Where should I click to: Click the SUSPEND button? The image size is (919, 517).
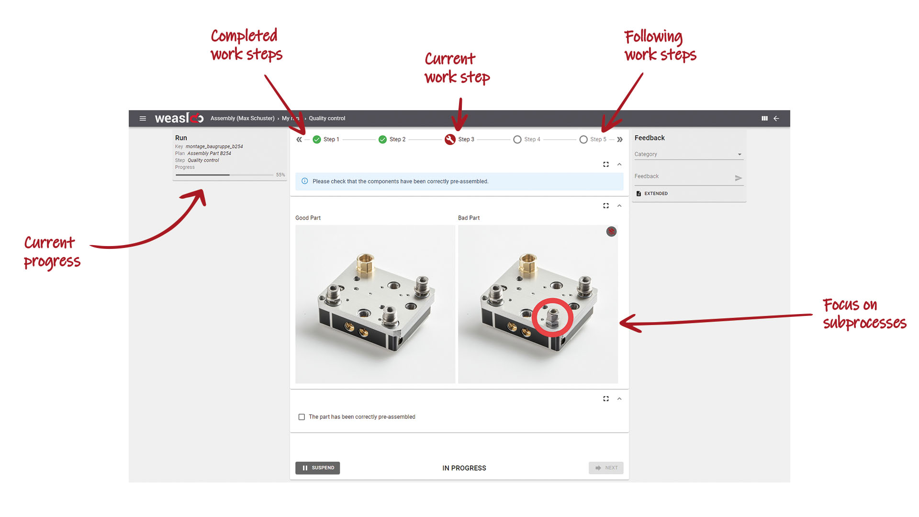pos(318,468)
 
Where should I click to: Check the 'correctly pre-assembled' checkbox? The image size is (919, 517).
pos(302,417)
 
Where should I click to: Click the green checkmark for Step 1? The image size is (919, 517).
pos(317,139)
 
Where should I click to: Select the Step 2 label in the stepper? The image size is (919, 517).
pos(397,139)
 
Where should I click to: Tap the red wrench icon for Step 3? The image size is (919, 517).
pos(450,139)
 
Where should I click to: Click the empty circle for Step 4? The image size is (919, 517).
pos(517,139)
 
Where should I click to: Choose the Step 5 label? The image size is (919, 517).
pos(598,139)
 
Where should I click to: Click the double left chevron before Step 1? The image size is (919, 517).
pos(299,139)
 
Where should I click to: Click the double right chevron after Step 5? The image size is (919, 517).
pos(620,139)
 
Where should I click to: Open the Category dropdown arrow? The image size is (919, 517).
pos(740,154)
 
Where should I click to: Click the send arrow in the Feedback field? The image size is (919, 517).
pos(738,178)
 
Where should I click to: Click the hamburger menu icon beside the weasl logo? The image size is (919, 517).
pos(143,118)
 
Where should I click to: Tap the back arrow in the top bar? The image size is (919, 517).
pos(776,118)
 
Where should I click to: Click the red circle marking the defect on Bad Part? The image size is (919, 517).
pos(552,317)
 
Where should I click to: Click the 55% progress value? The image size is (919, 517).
pos(280,175)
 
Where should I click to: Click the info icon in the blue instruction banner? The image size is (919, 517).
pos(305,181)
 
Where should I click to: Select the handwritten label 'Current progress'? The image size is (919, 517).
pos(52,252)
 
